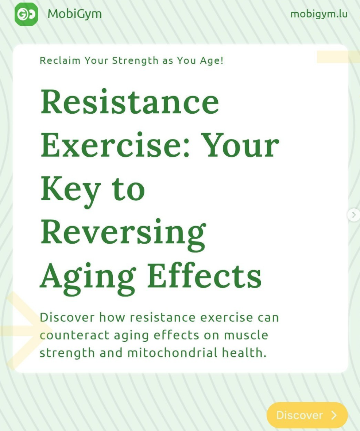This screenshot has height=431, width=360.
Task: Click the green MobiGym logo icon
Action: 26,14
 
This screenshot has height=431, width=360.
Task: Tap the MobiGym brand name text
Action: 74,14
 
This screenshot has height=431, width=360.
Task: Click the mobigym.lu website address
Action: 319,14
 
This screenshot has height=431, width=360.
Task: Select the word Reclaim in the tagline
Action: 60,60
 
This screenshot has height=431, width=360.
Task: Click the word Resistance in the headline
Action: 130,101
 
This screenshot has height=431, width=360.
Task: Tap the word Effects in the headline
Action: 204,275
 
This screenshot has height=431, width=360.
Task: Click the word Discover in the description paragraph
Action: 67,317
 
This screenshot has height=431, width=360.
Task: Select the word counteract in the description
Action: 74,335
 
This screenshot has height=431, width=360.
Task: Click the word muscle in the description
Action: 246,335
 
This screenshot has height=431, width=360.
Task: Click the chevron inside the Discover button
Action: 334,415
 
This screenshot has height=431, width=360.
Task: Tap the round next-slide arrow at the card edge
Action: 354,215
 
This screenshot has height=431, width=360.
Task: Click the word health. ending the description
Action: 244,353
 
